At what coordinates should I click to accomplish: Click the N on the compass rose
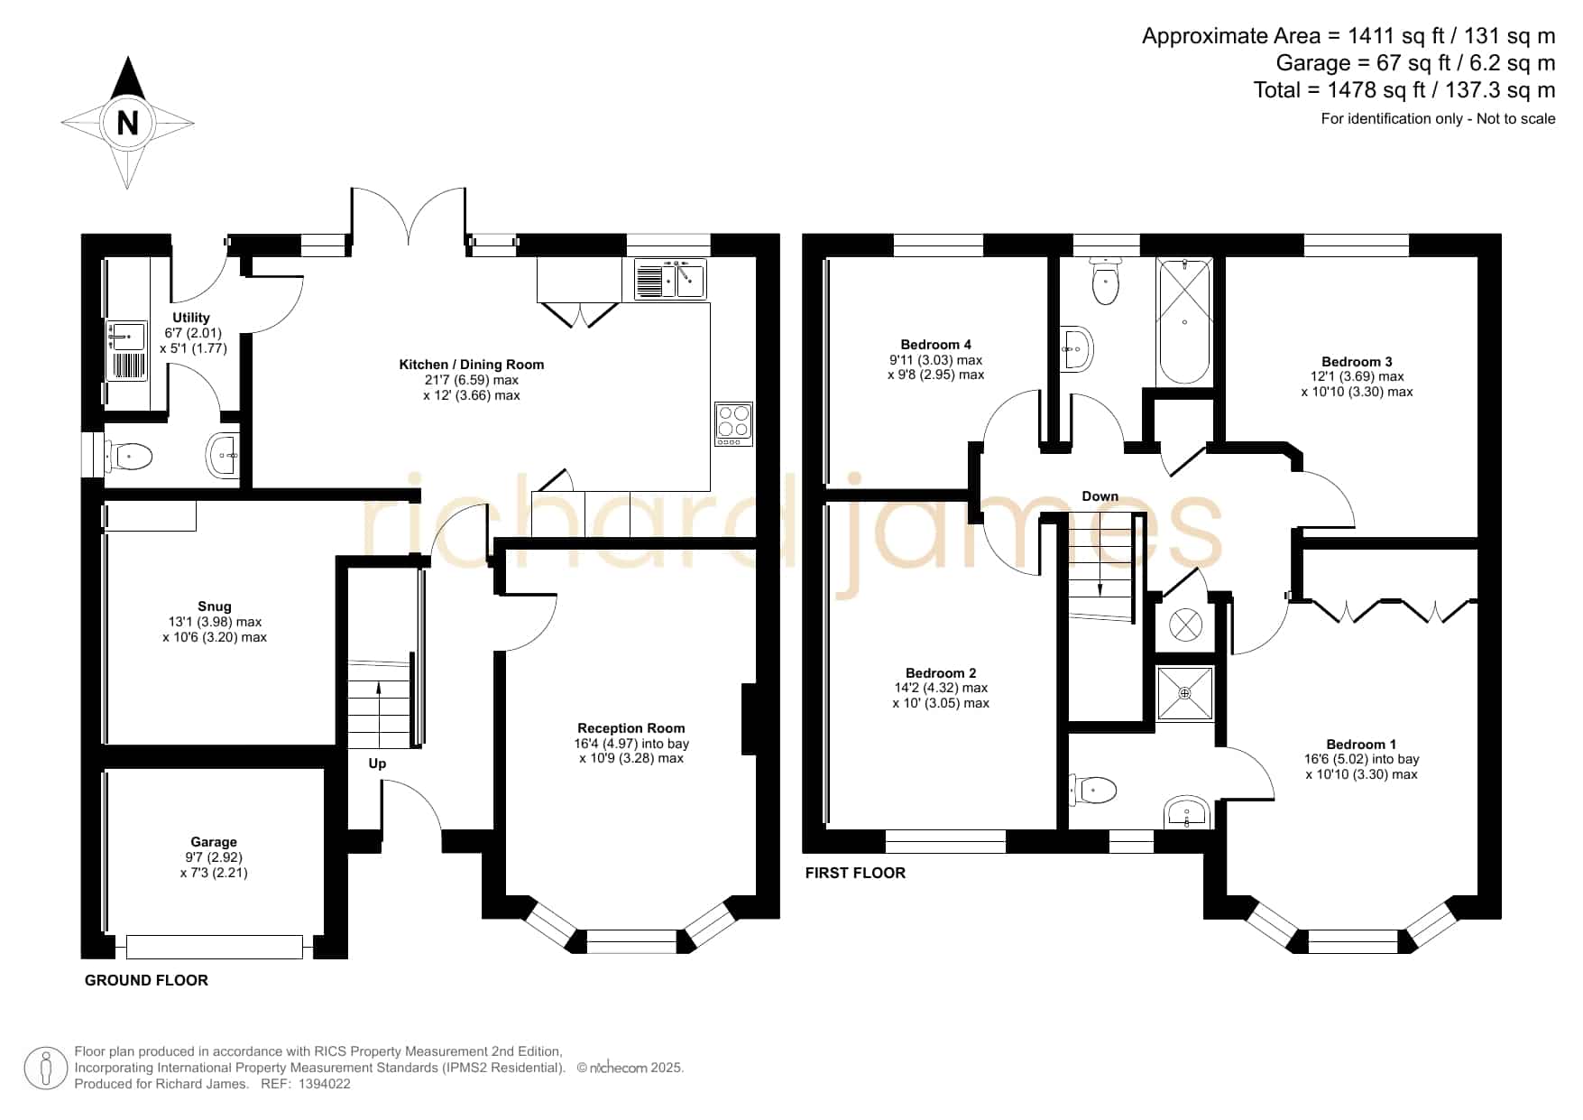click(128, 123)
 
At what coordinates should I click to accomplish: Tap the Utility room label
click(191, 318)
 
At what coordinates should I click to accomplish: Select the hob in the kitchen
click(733, 424)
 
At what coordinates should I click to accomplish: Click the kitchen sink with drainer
click(669, 279)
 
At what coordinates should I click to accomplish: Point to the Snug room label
click(215, 606)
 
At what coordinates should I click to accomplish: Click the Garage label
click(214, 842)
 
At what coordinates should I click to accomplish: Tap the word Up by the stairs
click(377, 764)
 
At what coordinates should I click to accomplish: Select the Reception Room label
click(631, 728)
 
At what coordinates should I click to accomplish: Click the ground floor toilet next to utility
click(132, 457)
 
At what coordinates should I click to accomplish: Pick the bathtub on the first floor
click(1184, 321)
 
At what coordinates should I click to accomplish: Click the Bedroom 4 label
click(936, 345)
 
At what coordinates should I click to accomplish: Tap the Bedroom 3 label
click(1358, 362)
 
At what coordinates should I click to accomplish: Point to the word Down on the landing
click(1100, 496)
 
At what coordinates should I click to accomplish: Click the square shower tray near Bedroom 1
click(1185, 693)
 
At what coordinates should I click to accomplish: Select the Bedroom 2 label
click(941, 673)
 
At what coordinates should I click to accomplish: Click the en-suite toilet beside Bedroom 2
click(1093, 791)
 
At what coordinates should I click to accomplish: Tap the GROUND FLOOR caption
click(146, 980)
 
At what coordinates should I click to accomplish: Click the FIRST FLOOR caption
click(855, 873)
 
